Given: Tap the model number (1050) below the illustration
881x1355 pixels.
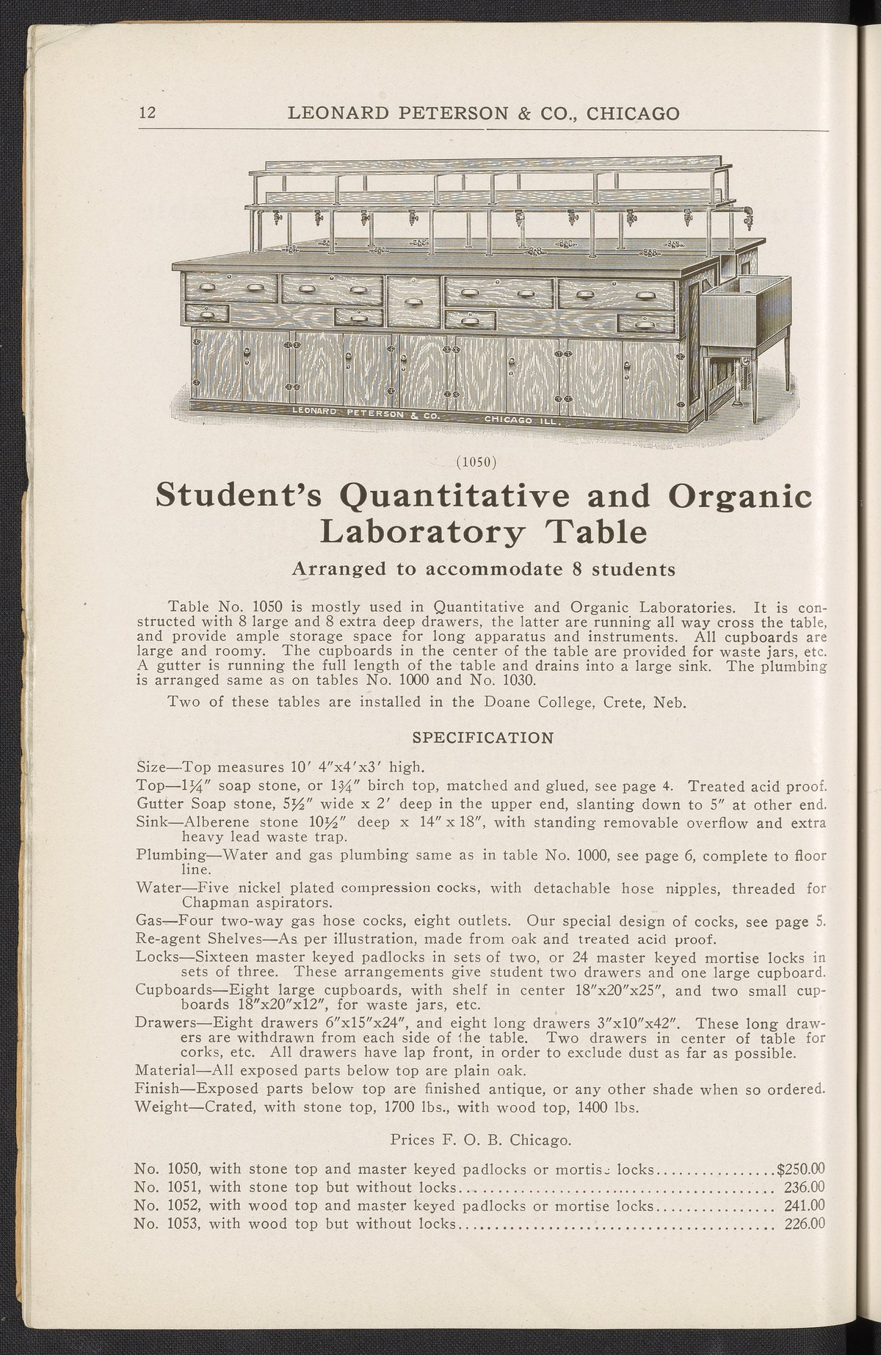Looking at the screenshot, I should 476,462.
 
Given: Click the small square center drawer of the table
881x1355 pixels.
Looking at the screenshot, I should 413,301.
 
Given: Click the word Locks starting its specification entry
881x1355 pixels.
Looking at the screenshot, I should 156,956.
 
